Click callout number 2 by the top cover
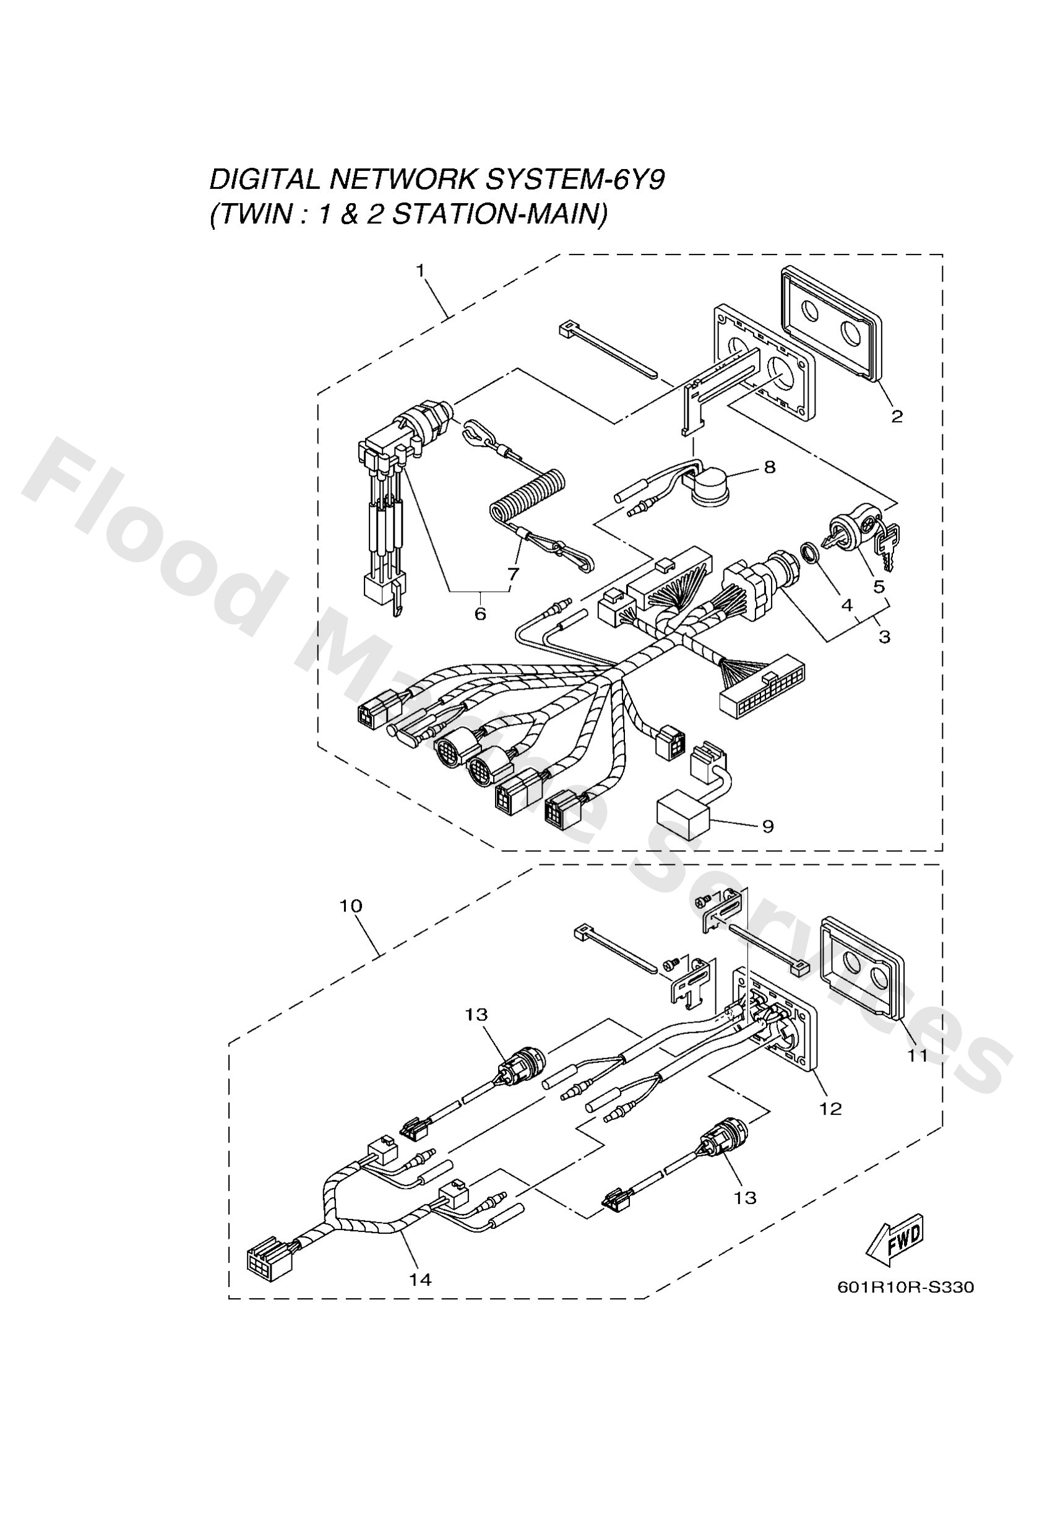click(896, 417)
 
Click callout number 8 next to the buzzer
click(769, 467)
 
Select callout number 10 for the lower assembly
click(351, 906)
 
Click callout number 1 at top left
click(420, 271)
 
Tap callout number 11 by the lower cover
click(917, 1056)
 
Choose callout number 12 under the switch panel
click(830, 1108)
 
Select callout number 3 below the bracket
click(884, 636)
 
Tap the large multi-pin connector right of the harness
click(761, 687)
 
